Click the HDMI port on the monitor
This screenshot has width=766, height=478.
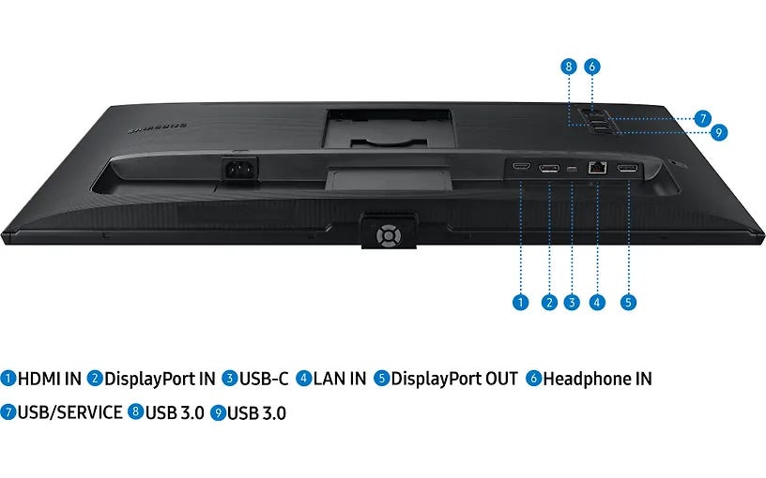[x=521, y=167]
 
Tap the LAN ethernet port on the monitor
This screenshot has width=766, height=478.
[x=597, y=167]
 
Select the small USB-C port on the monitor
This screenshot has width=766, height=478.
[x=572, y=169]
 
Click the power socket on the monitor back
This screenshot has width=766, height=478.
[x=239, y=170]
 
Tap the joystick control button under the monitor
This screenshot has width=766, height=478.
[x=389, y=236]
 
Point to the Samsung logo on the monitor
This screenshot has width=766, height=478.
[x=158, y=128]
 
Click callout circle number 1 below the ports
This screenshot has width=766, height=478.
[x=521, y=303]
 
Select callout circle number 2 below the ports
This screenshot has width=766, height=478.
[x=549, y=303]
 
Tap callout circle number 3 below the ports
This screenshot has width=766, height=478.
[x=572, y=303]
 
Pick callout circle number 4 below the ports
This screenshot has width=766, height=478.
[x=597, y=303]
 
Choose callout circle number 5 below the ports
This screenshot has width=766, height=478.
[x=628, y=303]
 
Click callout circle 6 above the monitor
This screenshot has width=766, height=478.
[x=592, y=67]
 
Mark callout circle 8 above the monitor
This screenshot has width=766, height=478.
[x=569, y=67]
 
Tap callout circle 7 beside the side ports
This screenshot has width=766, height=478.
[x=703, y=118]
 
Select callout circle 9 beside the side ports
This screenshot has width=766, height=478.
[x=719, y=132]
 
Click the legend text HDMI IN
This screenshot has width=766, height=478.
[x=50, y=379]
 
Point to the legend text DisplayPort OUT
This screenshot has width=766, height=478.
[x=454, y=379]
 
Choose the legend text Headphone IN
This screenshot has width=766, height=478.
[x=597, y=379]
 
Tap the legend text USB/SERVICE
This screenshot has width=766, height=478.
[x=69, y=412]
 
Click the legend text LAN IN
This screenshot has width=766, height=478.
[x=340, y=379]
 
